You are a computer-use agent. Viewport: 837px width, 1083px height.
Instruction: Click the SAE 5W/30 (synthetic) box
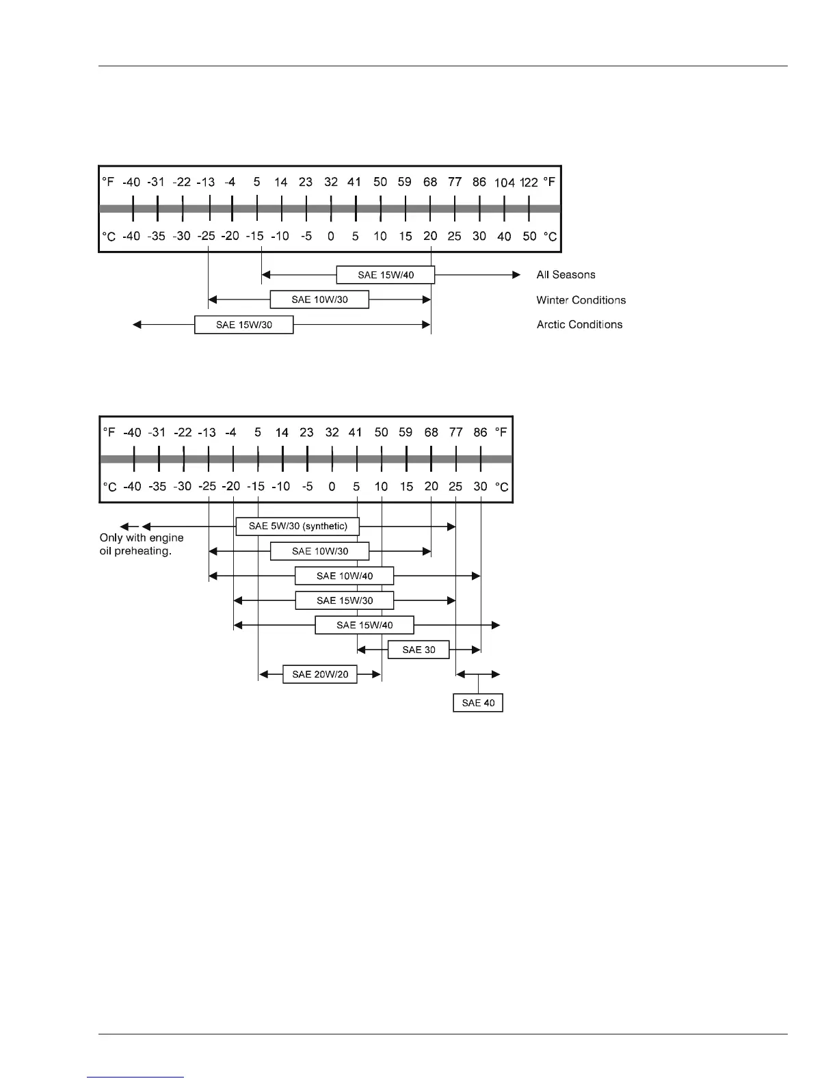pos(297,526)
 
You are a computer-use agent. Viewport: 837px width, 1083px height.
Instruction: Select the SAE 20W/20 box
pos(320,674)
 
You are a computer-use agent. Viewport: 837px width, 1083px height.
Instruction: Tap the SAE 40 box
pos(478,703)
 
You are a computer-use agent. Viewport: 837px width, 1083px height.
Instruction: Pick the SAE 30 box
pos(418,650)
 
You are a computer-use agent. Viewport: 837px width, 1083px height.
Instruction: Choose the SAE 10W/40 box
pos(344,576)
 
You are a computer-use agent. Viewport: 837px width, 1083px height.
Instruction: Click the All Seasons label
pos(566,275)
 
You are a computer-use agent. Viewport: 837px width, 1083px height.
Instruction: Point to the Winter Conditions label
pos(581,300)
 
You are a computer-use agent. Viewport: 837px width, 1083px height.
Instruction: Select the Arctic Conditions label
pos(579,325)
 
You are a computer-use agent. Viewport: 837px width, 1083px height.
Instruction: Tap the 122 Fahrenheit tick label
pos(529,183)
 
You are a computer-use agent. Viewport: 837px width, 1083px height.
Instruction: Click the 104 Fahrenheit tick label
pos(505,183)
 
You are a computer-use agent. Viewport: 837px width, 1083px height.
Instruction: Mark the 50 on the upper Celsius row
pos(529,237)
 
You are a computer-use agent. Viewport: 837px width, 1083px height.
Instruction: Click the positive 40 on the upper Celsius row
pos(504,237)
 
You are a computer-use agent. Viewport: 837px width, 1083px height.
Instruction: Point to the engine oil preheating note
pos(141,544)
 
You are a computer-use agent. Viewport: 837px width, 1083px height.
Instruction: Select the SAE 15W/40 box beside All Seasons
pos(386,275)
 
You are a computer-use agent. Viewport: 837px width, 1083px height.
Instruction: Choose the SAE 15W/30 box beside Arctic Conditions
pos(244,325)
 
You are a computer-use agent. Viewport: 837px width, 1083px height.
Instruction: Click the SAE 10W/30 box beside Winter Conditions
pos(319,299)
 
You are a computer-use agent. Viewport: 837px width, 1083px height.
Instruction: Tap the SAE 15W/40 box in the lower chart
pos(364,625)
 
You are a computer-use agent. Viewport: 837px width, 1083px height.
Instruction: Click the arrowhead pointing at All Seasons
pos(516,275)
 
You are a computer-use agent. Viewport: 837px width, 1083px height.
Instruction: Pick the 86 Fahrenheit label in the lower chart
pos(481,432)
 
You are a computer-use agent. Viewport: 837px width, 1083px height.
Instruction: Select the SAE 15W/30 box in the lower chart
pos(345,600)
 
